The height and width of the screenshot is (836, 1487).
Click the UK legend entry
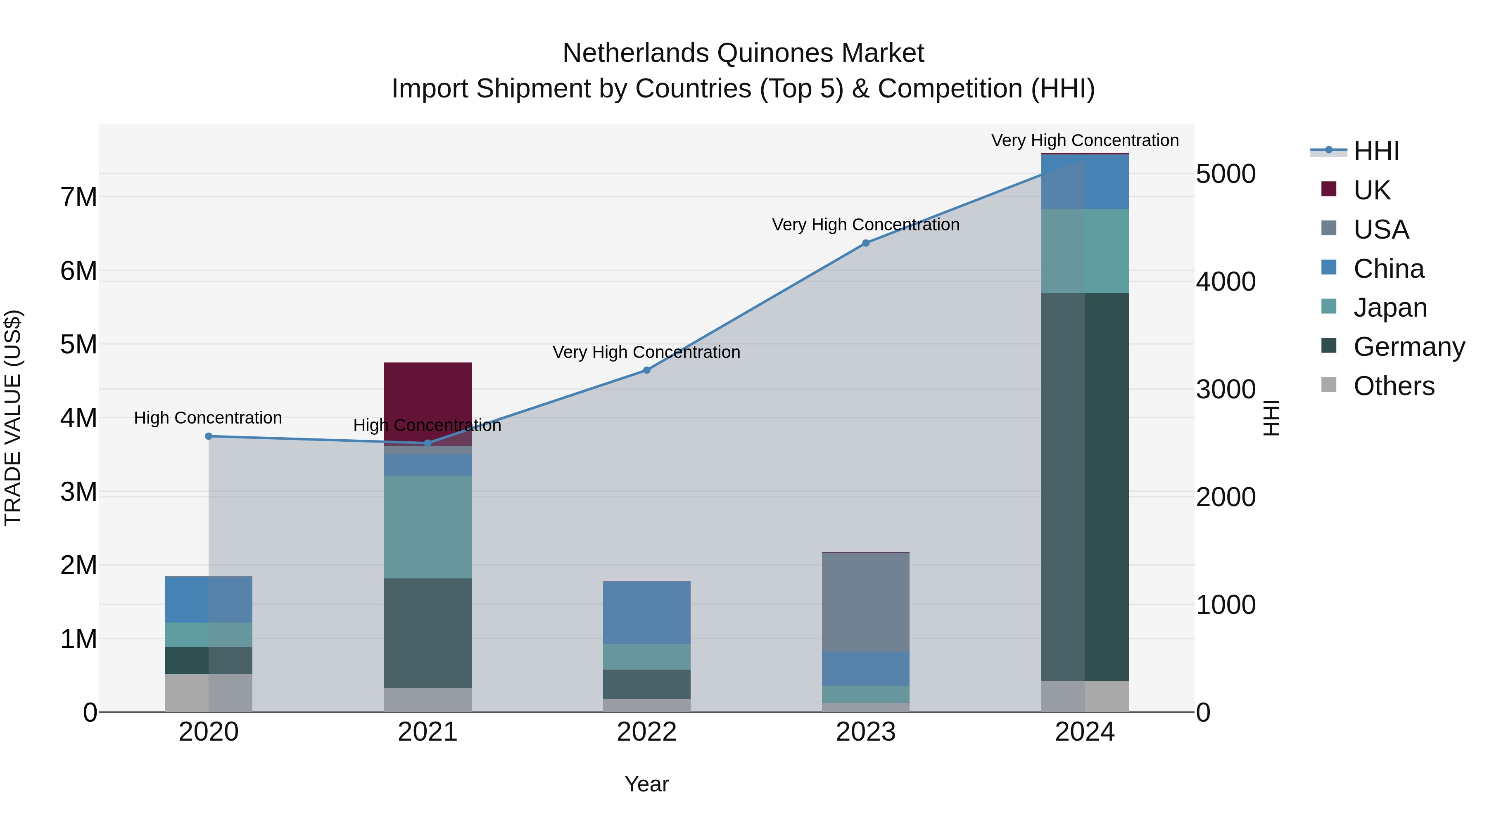[1371, 190]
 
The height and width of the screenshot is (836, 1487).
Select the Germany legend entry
[1409, 347]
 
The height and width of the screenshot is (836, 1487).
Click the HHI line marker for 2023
[865, 244]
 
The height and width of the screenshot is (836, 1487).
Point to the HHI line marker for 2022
[646, 370]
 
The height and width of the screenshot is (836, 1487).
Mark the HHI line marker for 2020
[209, 436]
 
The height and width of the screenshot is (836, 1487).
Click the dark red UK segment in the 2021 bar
[428, 398]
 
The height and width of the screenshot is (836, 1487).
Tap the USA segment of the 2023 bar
[865, 602]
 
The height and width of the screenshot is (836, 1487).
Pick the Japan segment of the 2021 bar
[428, 527]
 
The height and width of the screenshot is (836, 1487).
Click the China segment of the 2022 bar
[646, 613]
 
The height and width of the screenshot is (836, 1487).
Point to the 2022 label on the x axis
[646, 732]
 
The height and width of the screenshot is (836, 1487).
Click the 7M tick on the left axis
[78, 197]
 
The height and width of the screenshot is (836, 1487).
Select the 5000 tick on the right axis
[1226, 174]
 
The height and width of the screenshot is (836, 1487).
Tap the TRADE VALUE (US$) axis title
[13, 418]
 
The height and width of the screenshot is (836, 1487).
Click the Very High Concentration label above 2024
[1085, 140]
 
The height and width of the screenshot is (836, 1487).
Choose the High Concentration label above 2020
[208, 418]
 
